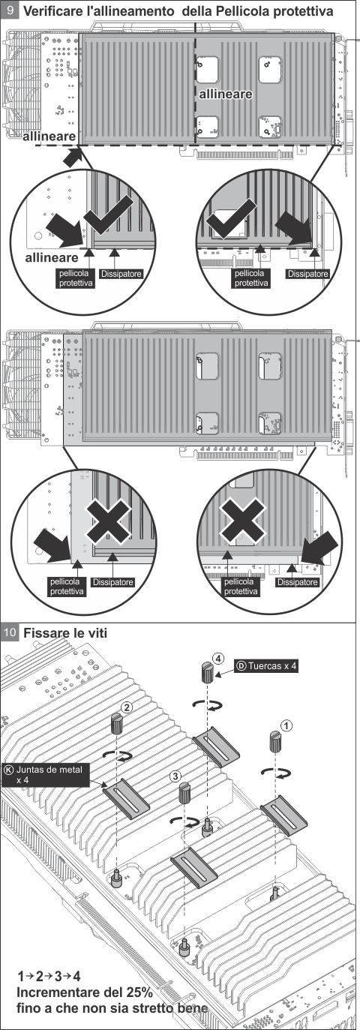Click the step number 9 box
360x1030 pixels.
[10, 10]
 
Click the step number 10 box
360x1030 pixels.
[10, 632]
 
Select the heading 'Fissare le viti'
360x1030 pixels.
[65, 632]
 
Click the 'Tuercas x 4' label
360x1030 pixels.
[266, 665]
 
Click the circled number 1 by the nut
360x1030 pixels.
[286, 725]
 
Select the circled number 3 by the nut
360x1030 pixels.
[175, 776]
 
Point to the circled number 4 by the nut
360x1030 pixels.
[218, 659]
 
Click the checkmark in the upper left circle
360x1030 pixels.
[108, 217]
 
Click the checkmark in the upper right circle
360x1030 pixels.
[230, 219]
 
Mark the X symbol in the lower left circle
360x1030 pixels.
[109, 520]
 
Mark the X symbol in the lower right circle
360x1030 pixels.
[243, 520]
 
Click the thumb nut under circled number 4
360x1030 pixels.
[208, 674]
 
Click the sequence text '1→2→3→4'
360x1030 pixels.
[49, 976]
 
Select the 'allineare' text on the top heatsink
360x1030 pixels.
[226, 94]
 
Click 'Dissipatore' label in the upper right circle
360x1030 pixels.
[308, 274]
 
